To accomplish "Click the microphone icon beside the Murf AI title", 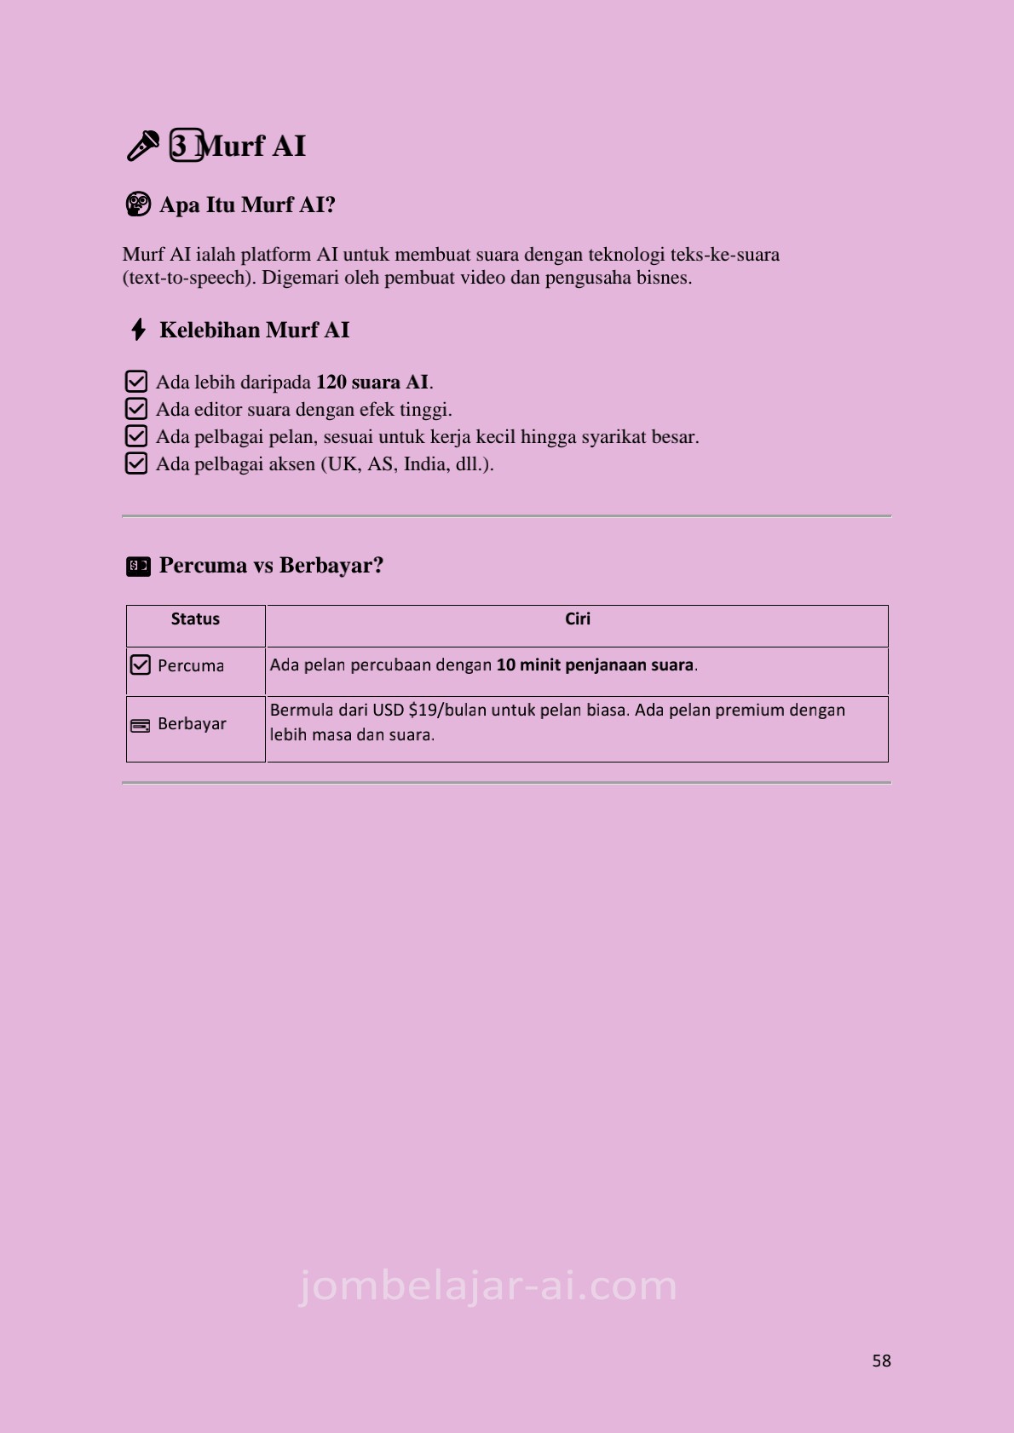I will (142, 146).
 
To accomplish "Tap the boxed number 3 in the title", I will (186, 146).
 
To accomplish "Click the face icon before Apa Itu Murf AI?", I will (137, 204).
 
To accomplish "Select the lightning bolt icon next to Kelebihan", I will (138, 330).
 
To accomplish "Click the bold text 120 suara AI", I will (372, 382).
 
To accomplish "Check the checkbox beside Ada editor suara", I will (136, 409).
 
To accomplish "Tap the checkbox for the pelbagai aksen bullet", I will (136, 463).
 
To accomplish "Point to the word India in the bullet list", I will (424, 463).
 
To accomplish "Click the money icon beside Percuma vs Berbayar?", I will (138, 566).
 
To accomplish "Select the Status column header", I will (195, 619).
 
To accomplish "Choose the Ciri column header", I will (577, 619).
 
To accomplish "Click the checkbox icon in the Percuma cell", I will (140, 665).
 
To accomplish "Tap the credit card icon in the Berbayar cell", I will (140, 725).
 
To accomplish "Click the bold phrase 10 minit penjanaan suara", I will (595, 665).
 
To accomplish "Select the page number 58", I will (881, 1361).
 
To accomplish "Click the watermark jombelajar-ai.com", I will (488, 1286).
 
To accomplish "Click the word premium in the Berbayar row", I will (749, 710).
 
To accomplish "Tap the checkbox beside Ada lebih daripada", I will (136, 382).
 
